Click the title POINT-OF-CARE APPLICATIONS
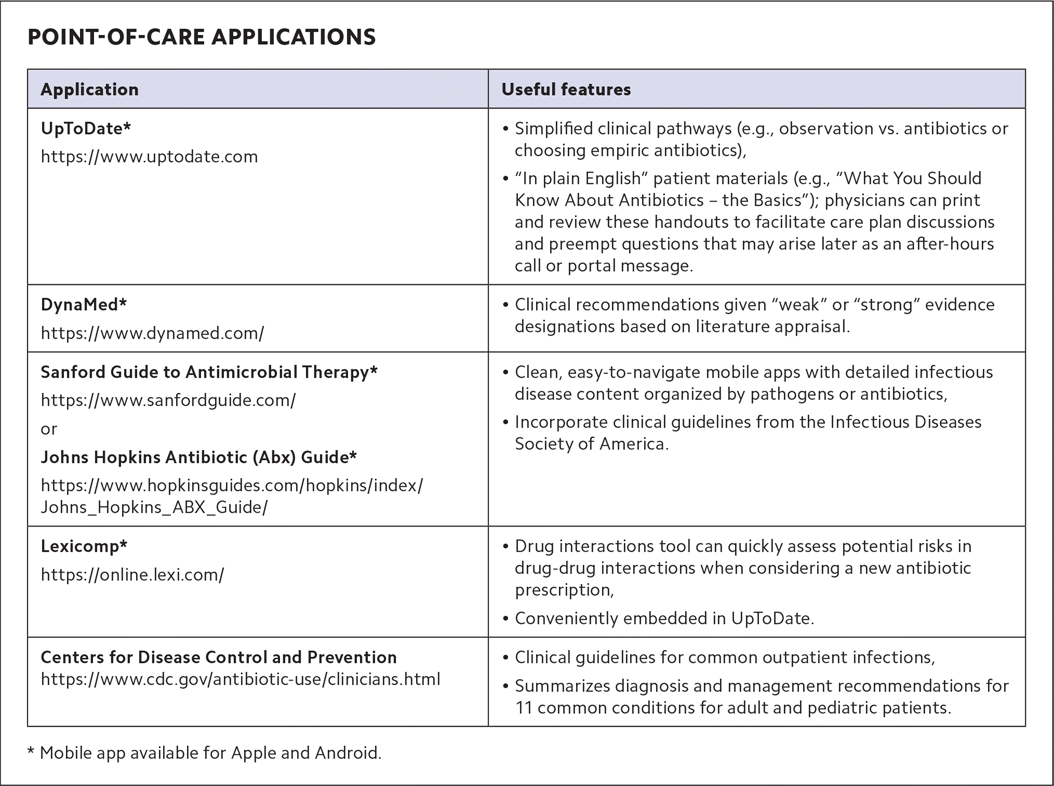tap(202, 37)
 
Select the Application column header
tap(89, 89)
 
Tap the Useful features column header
tap(566, 89)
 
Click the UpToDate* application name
tap(86, 128)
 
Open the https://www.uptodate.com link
tap(149, 156)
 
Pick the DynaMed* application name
tap(84, 304)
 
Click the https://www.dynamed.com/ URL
tap(152, 332)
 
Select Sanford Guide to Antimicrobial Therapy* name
tap(209, 372)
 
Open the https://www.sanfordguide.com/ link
tap(168, 400)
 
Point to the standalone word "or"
tap(49, 429)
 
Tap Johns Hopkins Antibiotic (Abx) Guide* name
tap(198, 457)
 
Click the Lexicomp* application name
tap(84, 546)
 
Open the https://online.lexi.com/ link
tap(132, 575)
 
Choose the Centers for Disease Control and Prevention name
tap(218, 657)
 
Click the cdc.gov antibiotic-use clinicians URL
tap(241, 679)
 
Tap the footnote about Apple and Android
tap(205, 752)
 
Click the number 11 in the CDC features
tap(524, 708)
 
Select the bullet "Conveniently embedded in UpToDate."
tap(664, 618)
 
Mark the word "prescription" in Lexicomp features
tap(563, 590)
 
